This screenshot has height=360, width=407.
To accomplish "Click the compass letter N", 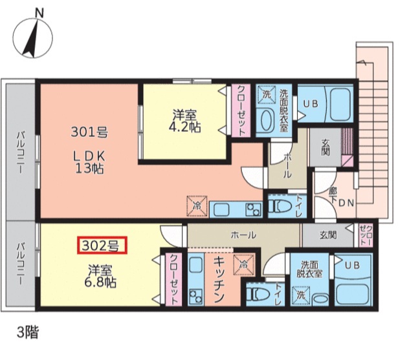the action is (x=39, y=13).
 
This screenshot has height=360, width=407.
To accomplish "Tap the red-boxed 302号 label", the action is (x=102, y=245).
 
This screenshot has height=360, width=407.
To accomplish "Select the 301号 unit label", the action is (x=89, y=132).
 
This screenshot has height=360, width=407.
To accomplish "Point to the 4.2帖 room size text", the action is (x=184, y=127).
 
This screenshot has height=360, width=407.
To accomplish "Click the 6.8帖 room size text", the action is (x=100, y=282).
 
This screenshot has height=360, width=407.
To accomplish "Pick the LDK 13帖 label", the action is (x=89, y=163).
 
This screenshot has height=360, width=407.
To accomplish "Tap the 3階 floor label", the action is (x=28, y=332).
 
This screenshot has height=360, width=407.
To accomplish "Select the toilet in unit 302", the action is (x=258, y=294).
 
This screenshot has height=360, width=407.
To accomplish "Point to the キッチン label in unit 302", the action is (x=218, y=279).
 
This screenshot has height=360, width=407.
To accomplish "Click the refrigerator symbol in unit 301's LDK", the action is (x=197, y=206).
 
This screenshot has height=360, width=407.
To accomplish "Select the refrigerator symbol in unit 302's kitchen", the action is (x=243, y=265).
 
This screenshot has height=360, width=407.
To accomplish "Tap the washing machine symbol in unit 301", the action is (x=267, y=94).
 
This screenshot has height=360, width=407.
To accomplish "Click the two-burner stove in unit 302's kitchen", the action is (x=195, y=295).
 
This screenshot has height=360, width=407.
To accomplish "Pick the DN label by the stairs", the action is (x=346, y=203).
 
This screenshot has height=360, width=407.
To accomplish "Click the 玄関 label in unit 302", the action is (x=328, y=235).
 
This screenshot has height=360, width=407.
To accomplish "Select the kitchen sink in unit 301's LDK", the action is (x=221, y=209).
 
